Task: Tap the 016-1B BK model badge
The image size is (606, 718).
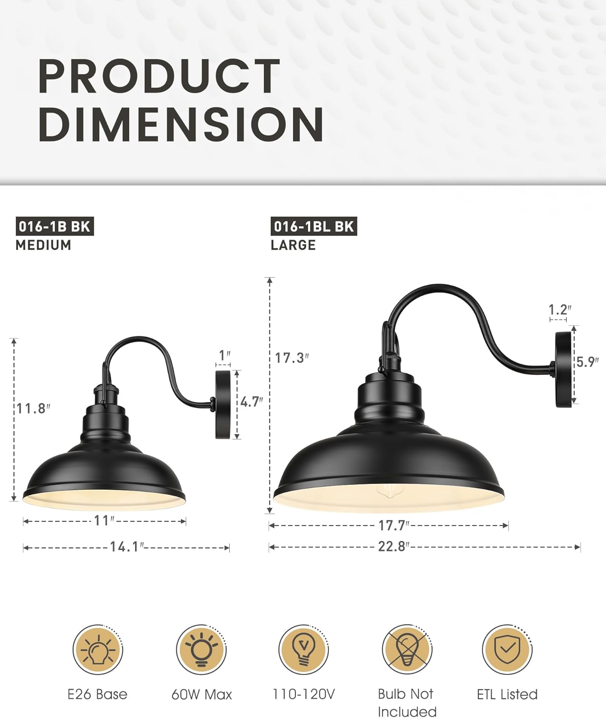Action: pyautogui.click(x=54, y=226)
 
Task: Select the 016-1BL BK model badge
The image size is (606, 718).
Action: pyautogui.click(x=314, y=226)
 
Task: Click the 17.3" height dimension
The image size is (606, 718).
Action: pyautogui.click(x=292, y=358)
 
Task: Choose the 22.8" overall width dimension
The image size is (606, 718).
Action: pyautogui.click(x=393, y=546)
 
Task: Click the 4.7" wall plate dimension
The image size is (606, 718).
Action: pyautogui.click(x=251, y=402)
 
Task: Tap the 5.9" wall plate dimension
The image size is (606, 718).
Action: pyautogui.click(x=587, y=362)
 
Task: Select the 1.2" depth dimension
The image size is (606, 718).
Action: pyautogui.click(x=560, y=309)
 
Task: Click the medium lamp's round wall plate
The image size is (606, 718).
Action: pyautogui.click(x=223, y=405)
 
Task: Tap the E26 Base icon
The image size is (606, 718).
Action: pyautogui.click(x=98, y=650)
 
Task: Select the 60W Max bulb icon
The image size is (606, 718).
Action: pyautogui.click(x=201, y=650)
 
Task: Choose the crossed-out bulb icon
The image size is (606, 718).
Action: pyautogui.click(x=406, y=650)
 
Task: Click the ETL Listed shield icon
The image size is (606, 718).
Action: pyautogui.click(x=507, y=650)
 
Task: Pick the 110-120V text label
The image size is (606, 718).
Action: pyautogui.click(x=303, y=694)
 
